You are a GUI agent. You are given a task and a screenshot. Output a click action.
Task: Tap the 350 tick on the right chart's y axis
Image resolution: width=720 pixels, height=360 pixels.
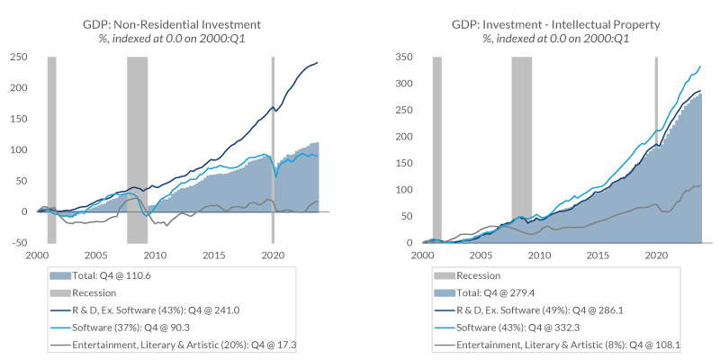[406, 57]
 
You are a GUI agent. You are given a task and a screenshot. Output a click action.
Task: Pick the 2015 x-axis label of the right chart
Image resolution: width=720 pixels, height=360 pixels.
[597, 256]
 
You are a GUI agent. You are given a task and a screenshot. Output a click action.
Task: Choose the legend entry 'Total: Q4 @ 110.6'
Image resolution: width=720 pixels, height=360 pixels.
[115, 275]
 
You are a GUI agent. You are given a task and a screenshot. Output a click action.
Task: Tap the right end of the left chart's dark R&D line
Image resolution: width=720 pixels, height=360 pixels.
[317, 62]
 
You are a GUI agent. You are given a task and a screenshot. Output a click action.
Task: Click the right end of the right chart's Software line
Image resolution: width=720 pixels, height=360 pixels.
[701, 67]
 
